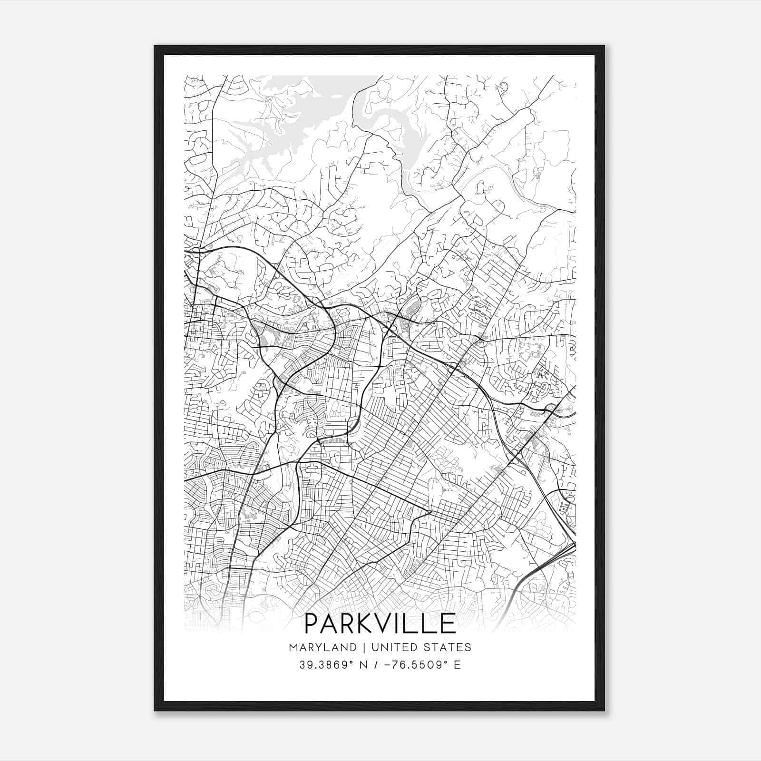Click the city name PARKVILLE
pos(380,624)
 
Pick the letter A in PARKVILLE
pos(330,624)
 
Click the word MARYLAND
pos(322,647)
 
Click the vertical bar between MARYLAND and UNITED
pos(364,647)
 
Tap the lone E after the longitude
pos(458,665)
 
